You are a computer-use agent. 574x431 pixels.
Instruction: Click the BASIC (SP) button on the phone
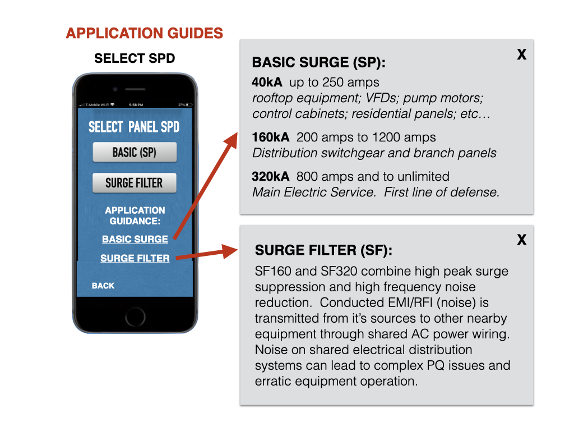click(x=135, y=152)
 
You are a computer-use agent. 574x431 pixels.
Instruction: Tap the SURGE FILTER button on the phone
click(x=135, y=183)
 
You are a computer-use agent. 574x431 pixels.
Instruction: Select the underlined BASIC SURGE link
click(x=135, y=239)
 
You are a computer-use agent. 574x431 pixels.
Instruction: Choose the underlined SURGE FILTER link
click(x=135, y=258)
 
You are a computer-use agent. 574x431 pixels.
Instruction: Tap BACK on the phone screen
click(x=103, y=286)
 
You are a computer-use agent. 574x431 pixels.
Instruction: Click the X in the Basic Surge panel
click(x=521, y=54)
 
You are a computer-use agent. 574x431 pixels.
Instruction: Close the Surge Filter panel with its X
click(x=521, y=240)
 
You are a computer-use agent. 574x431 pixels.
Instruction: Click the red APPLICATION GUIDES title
click(x=144, y=33)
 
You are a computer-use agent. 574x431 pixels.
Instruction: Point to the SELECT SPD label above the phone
click(x=135, y=58)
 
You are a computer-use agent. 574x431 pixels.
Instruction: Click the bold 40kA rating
click(x=267, y=82)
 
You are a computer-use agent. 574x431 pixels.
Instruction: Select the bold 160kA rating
click(x=271, y=137)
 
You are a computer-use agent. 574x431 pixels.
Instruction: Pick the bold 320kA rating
click(x=271, y=177)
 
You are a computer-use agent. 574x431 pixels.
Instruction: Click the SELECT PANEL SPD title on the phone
click(x=134, y=127)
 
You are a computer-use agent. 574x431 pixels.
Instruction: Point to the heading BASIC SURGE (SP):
click(x=320, y=63)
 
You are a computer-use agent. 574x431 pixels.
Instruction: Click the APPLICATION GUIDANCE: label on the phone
click(x=135, y=215)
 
